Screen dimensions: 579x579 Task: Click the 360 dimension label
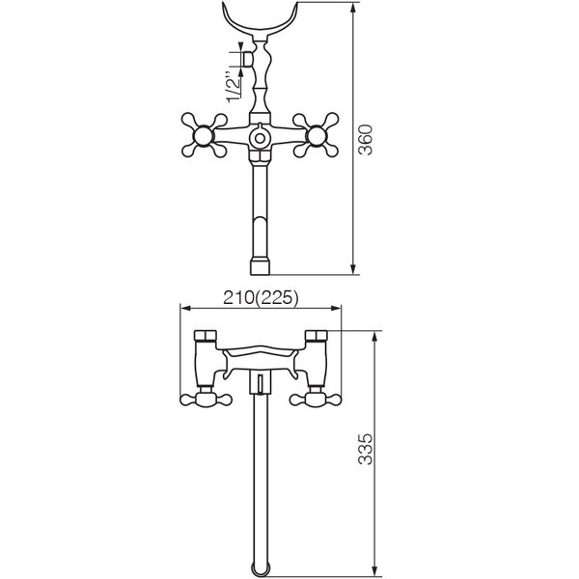tap(367, 140)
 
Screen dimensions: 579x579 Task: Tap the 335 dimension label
tap(367, 449)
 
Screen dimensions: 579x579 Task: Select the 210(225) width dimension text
tap(261, 298)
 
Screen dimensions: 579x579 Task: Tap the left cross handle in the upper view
tap(204, 135)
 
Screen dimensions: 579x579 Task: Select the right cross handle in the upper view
tap(316, 135)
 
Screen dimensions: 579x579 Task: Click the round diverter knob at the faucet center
tap(260, 138)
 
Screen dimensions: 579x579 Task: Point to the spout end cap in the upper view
tap(261, 267)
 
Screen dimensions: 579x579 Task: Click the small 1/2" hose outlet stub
tap(248, 58)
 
